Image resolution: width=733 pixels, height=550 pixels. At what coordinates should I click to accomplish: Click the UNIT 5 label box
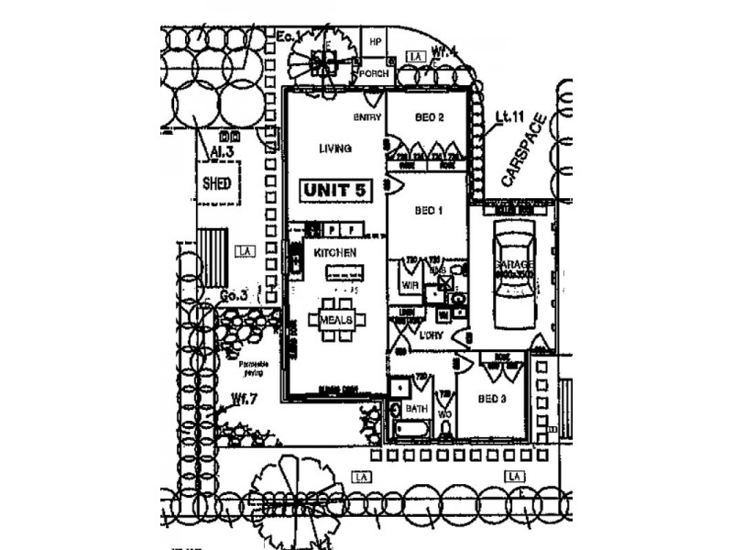[336, 190]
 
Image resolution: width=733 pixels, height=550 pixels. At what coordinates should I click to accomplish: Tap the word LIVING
[335, 148]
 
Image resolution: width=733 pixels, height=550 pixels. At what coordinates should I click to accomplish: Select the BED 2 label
[430, 117]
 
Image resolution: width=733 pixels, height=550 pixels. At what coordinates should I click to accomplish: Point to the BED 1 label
[429, 211]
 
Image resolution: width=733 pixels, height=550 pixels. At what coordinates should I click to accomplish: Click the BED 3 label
[491, 399]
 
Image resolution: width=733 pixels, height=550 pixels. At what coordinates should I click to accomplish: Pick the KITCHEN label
[334, 250]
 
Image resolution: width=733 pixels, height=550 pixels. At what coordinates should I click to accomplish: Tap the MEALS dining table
[336, 319]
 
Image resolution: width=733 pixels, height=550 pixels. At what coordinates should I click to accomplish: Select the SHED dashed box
[216, 182]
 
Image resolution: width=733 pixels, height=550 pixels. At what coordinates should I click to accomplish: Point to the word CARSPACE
[524, 151]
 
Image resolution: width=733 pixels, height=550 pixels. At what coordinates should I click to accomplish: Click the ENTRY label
[366, 117]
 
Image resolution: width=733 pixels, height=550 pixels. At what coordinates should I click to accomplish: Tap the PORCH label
[372, 72]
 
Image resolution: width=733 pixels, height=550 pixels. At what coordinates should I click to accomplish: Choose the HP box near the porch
[375, 42]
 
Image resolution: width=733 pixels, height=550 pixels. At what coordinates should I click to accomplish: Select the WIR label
[410, 285]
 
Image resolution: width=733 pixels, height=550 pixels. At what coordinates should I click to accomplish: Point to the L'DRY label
[432, 337]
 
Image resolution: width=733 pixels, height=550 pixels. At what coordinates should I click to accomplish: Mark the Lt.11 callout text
[509, 116]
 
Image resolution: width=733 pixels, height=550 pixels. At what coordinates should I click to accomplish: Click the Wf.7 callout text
[243, 398]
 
